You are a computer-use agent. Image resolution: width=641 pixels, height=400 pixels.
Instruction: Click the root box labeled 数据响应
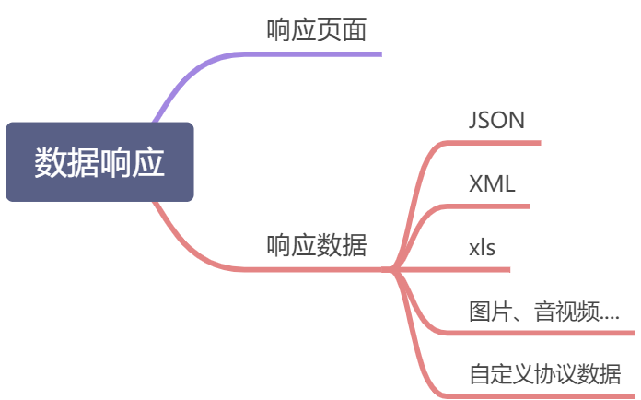pos(99,162)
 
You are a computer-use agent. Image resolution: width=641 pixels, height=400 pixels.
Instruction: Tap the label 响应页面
pos(316,30)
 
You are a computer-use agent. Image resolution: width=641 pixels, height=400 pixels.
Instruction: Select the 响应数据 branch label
pos(316,246)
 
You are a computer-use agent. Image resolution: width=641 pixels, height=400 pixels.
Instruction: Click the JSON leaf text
pos(496,121)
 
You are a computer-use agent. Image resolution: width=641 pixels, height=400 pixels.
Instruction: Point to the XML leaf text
pos(492,183)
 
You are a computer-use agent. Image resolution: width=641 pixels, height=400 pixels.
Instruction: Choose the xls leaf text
pos(483,247)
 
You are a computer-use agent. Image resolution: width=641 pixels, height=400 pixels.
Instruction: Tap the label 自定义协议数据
pos(544,375)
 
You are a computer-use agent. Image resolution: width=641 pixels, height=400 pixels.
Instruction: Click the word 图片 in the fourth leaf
pos(486,312)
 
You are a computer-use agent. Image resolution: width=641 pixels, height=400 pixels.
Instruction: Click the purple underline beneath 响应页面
pos(313,53)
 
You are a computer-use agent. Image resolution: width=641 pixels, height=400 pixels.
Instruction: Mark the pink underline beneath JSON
pos(497,143)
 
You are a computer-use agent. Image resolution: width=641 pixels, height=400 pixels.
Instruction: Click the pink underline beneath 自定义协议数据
pos(543,395)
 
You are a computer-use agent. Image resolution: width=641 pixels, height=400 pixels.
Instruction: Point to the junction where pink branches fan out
pos(394,269)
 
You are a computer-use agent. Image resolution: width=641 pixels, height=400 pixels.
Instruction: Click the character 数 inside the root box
pos(51,162)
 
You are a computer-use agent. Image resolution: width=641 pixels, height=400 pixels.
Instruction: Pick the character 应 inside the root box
pos(149,162)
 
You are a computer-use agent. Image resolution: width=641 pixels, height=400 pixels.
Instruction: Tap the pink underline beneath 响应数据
pos(313,269)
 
